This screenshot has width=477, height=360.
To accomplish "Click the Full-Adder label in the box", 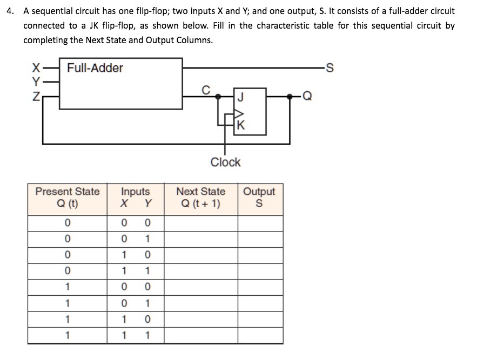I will point(95,68).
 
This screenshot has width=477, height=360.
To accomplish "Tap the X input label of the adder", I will point(36,69).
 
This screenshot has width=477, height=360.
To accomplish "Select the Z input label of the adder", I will point(36,97).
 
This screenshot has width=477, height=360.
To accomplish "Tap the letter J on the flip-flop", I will point(240,97).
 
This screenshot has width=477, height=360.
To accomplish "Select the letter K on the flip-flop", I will point(240,127).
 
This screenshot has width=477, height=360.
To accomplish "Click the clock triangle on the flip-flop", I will point(238,114).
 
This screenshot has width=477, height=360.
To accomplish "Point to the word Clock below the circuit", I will point(225,162).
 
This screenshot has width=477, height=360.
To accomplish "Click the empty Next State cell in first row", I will point(201,223).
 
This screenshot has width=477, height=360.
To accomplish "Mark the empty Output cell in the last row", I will point(260,335).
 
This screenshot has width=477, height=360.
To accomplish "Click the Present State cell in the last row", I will point(67,335).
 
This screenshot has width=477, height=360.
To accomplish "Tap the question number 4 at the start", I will point(10,11).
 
